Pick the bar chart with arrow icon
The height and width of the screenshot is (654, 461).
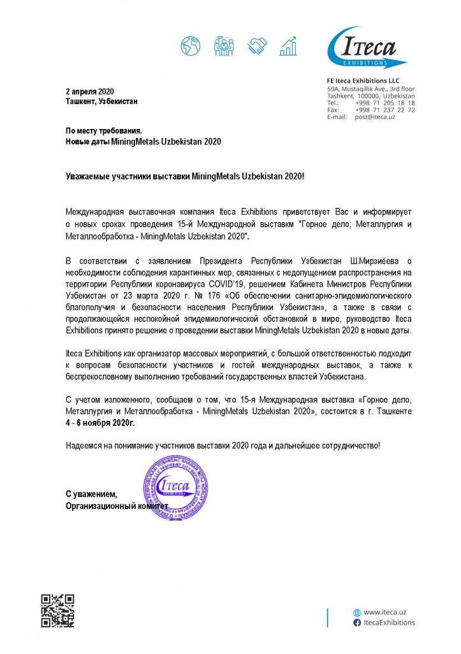coord(290,45)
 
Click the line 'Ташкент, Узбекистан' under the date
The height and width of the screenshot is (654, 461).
coord(101,102)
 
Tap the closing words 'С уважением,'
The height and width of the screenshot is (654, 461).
coord(92,495)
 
